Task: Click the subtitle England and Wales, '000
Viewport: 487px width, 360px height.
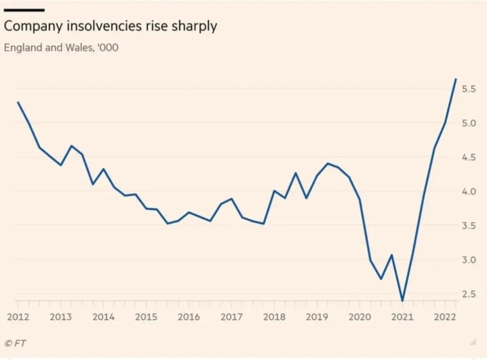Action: click(61, 47)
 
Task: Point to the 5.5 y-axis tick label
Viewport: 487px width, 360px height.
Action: click(469, 89)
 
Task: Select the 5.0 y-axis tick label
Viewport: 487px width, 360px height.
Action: click(469, 123)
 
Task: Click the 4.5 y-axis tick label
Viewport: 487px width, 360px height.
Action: click(469, 157)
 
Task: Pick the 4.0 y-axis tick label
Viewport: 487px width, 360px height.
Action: click(469, 191)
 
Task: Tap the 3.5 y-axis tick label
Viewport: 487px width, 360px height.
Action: click(469, 226)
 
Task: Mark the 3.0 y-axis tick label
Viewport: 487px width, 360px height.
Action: click(469, 260)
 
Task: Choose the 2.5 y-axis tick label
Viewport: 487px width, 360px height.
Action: click(469, 294)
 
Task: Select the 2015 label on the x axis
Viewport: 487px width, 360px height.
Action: click(146, 316)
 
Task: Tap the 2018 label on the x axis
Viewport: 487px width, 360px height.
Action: click(274, 316)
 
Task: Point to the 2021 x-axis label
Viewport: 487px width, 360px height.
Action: click(402, 316)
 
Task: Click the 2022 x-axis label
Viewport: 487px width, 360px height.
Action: click(445, 316)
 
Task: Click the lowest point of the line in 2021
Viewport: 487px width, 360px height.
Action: click(402, 301)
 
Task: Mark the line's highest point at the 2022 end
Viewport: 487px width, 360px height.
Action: click(456, 79)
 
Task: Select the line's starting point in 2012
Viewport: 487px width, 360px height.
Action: click(18, 102)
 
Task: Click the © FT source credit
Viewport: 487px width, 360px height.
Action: click(16, 343)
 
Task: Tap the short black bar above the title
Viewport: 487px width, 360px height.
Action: click(24, 10)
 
